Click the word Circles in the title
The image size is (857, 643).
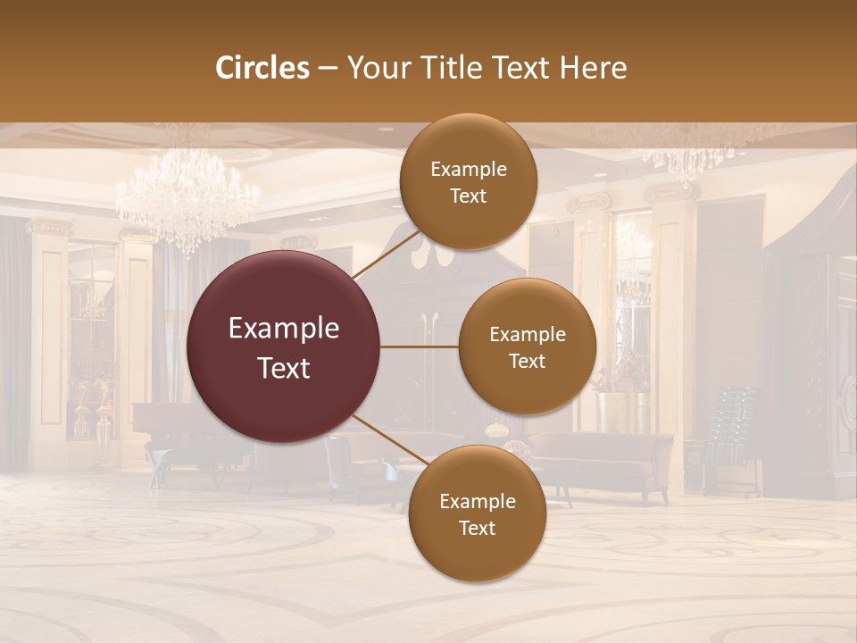pyautogui.click(x=262, y=68)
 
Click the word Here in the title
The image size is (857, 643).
pyautogui.click(x=595, y=68)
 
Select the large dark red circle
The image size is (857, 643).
pyautogui.click(x=284, y=347)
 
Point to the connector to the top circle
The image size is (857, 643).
pyautogui.click(x=386, y=255)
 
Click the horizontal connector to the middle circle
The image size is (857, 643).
pyautogui.click(x=420, y=347)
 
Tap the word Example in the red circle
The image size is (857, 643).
pyautogui.click(x=284, y=329)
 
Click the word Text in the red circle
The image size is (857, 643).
pyautogui.click(x=284, y=368)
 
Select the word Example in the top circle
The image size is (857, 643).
pyautogui.click(x=469, y=170)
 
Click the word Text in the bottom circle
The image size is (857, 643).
pyautogui.click(x=477, y=528)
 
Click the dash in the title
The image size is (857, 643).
pyautogui.click(x=328, y=68)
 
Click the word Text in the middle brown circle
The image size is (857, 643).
pyautogui.click(x=527, y=361)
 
